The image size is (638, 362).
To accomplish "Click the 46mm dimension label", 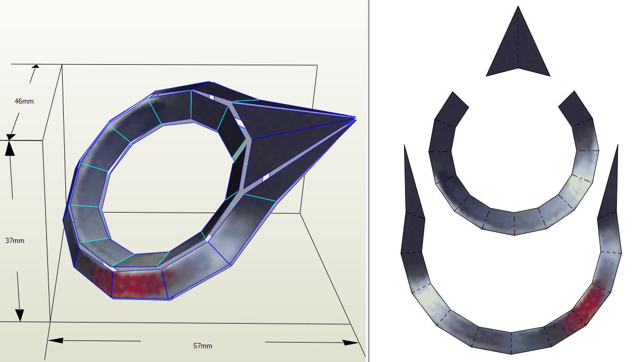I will click(24, 100).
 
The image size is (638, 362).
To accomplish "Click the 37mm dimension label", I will click(15, 240).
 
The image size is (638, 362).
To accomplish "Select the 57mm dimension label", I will click(203, 346).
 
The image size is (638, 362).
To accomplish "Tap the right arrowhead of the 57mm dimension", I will click(351, 343).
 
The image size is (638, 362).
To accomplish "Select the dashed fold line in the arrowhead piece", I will click(518, 42).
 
